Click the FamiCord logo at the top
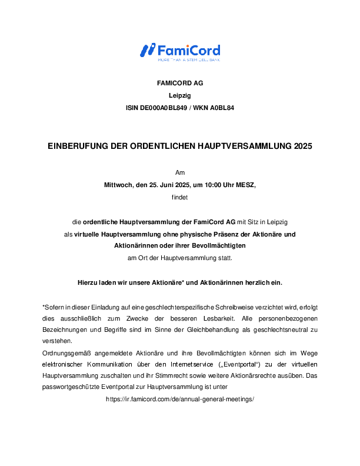tap(180, 51)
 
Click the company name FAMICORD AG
tap(180, 83)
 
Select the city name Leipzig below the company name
tap(180, 95)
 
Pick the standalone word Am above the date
tap(180, 172)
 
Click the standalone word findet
tap(180, 197)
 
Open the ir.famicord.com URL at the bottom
tap(180, 399)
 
